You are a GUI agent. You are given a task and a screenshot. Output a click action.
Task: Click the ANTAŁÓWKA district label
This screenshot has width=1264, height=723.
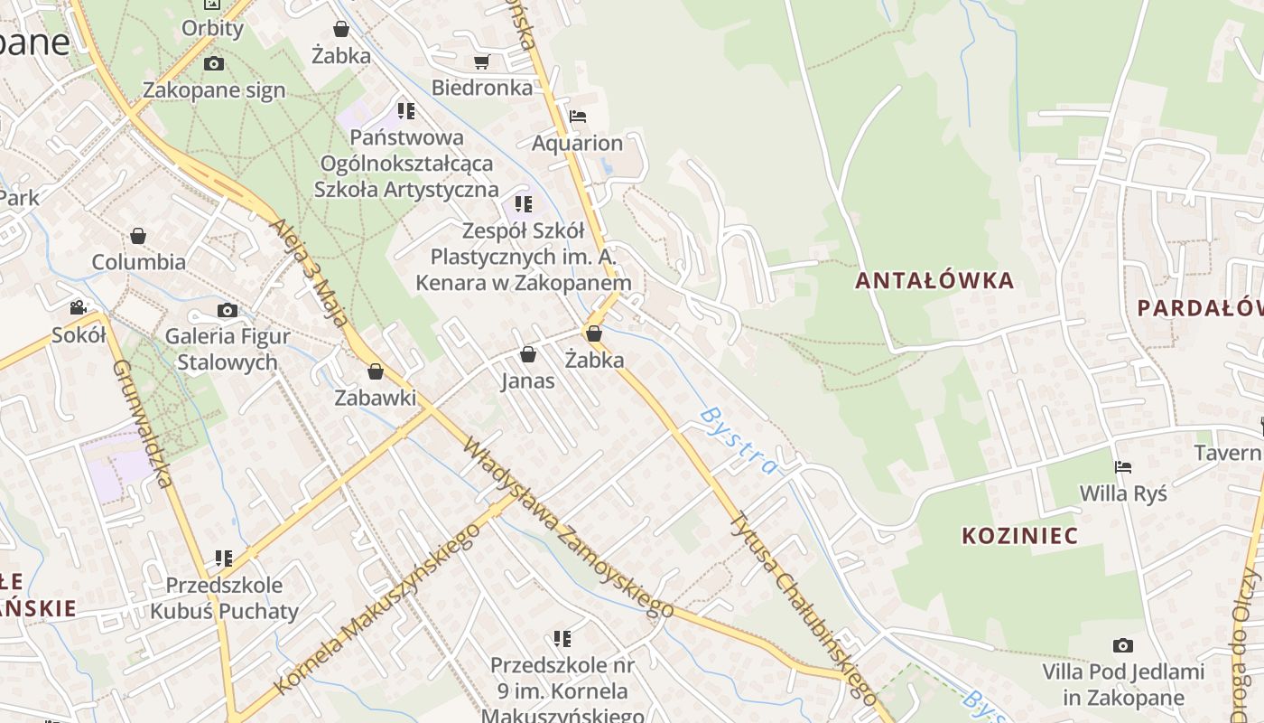point(934,280)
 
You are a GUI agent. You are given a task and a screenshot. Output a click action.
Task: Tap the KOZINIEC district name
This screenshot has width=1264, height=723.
point(1019,535)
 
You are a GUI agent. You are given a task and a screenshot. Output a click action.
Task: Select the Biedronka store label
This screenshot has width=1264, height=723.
point(482,88)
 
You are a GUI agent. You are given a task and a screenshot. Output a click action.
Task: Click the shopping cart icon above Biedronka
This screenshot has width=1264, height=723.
point(482,61)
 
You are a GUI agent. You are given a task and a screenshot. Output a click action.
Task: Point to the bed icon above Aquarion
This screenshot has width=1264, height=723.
point(578,117)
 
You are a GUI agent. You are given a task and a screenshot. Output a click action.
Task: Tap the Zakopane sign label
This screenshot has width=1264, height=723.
point(214,89)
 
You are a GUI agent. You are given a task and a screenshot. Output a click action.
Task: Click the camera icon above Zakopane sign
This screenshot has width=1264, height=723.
point(214,63)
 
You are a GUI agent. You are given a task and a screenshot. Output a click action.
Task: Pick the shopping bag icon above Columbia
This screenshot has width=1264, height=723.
point(138,236)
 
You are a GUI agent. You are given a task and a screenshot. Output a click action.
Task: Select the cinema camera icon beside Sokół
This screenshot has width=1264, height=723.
point(79,307)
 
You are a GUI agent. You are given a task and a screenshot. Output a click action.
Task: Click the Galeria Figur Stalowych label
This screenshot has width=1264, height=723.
point(228,350)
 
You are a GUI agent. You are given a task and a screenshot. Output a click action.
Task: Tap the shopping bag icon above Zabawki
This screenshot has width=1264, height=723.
point(376,371)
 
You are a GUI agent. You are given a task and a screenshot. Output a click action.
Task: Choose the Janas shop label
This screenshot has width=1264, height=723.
point(528,380)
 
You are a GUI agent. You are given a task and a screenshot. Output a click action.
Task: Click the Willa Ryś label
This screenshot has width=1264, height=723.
point(1123,493)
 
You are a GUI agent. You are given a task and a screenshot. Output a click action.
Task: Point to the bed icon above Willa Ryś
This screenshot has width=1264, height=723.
point(1123,467)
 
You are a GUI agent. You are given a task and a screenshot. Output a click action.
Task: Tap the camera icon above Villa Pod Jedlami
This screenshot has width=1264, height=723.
point(1123,645)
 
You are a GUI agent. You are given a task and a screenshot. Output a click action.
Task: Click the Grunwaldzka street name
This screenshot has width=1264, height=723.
point(143,423)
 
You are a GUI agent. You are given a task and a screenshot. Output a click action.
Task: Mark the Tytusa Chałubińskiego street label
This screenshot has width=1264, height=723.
point(804,608)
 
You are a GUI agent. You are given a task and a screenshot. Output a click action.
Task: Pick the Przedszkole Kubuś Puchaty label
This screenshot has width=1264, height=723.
point(224,598)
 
